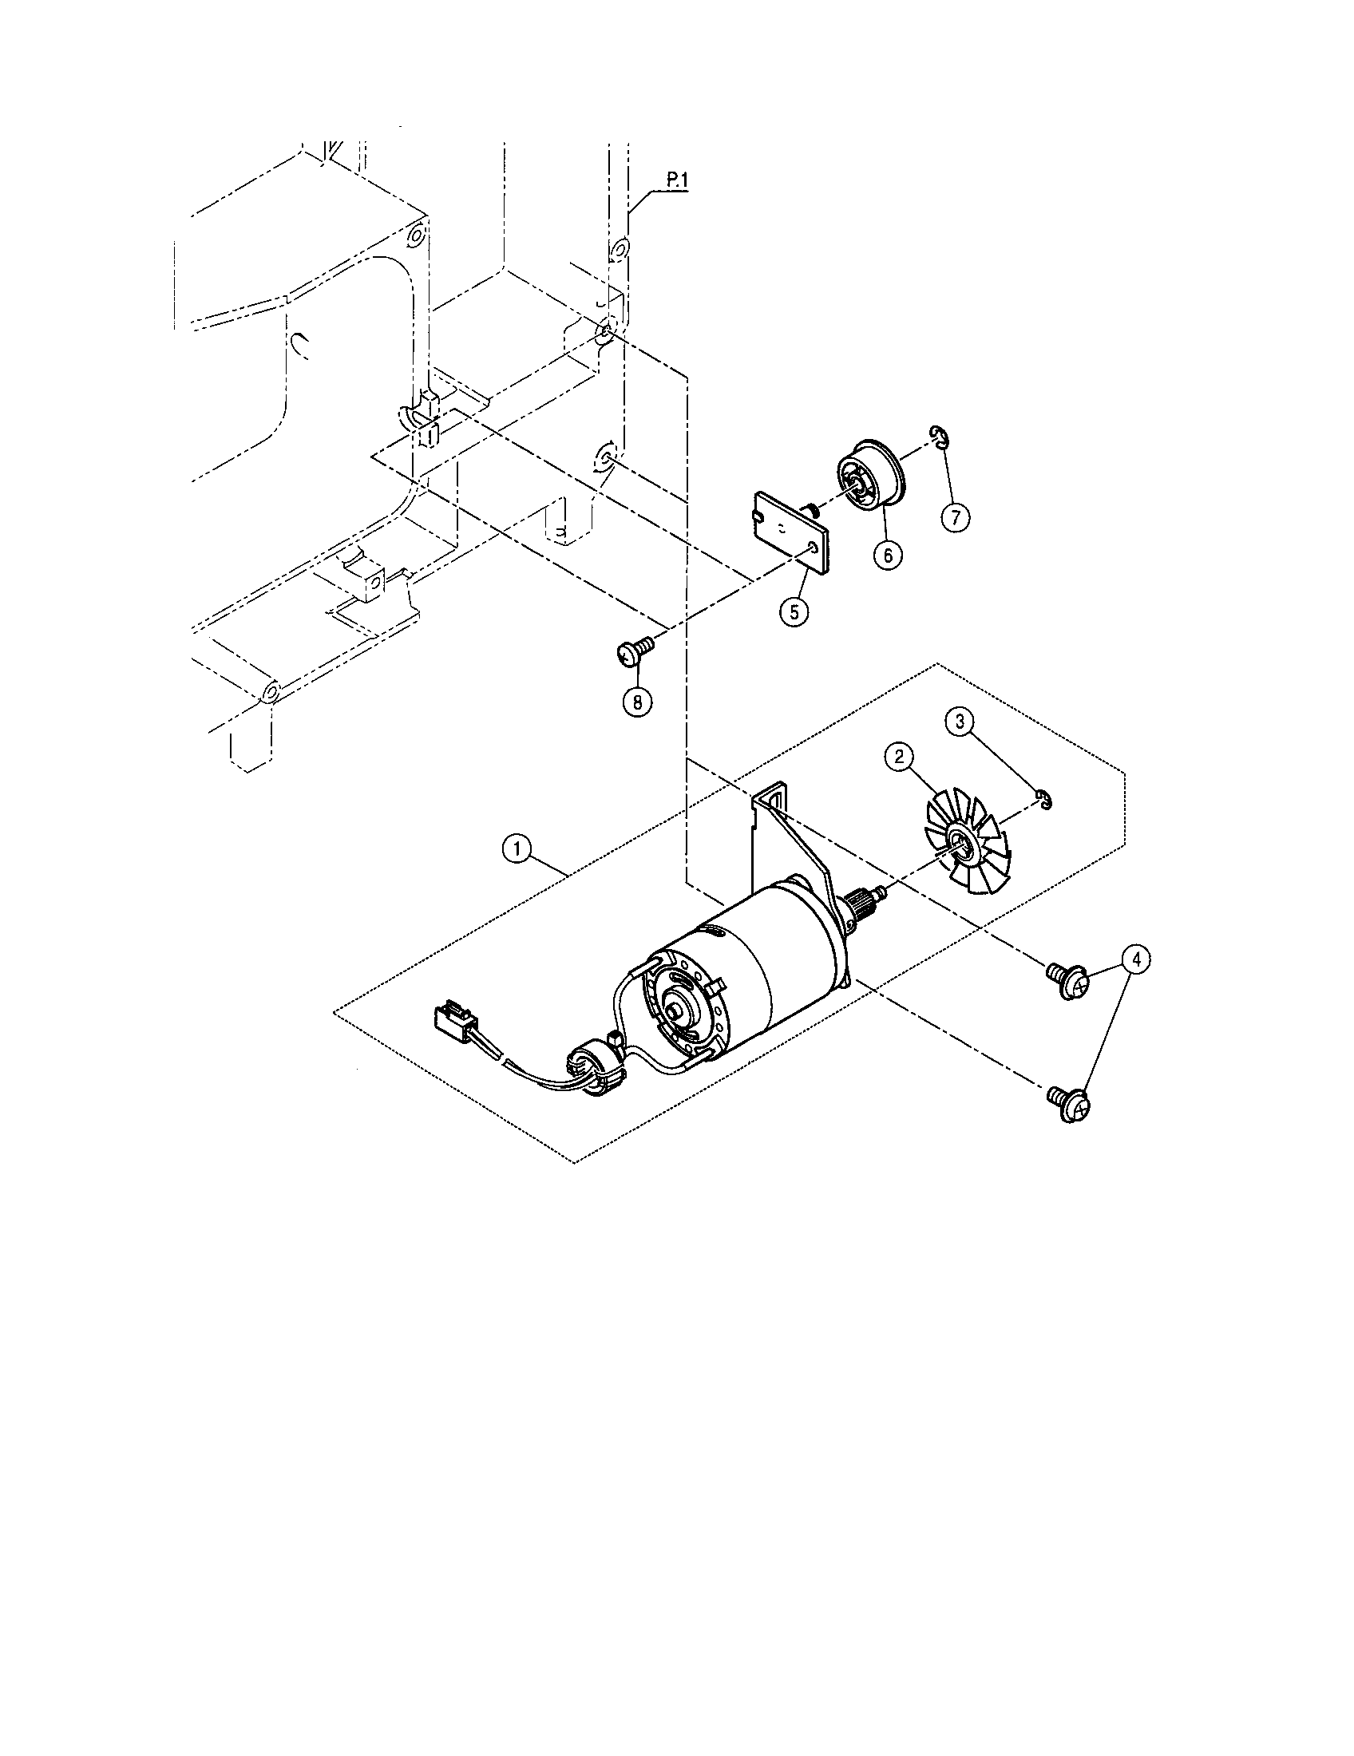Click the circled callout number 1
point(518,848)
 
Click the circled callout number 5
point(793,611)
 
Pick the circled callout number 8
point(637,701)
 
